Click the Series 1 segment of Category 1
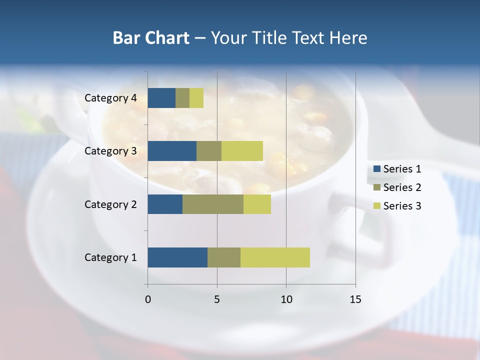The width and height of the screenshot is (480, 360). coord(177,257)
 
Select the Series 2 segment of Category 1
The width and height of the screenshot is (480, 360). coord(224,257)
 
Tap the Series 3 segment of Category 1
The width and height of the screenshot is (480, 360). coord(275,257)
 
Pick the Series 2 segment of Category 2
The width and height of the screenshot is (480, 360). coord(213,204)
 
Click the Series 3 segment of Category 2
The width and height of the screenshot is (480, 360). coord(257,204)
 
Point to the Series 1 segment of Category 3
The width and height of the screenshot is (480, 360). coord(172,151)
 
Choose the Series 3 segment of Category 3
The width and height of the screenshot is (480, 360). coord(242,151)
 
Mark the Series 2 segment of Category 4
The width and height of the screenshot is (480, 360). coord(182,98)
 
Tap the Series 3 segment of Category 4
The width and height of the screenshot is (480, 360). coord(196,98)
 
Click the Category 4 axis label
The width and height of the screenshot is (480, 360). coord(110,98)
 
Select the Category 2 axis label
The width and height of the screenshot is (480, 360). coord(110,204)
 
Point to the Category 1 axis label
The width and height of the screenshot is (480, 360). coord(110,257)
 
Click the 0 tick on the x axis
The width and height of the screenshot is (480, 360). coord(148,299)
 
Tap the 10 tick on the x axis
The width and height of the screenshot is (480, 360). coord(286,299)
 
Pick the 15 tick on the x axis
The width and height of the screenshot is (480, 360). coord(355,299)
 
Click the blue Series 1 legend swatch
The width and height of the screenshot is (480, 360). coord(376,169)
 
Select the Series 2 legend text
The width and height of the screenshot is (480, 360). coord(402,187)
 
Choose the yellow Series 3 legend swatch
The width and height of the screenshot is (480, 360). coord(376,205)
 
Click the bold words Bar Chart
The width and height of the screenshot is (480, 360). coord(151,38)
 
